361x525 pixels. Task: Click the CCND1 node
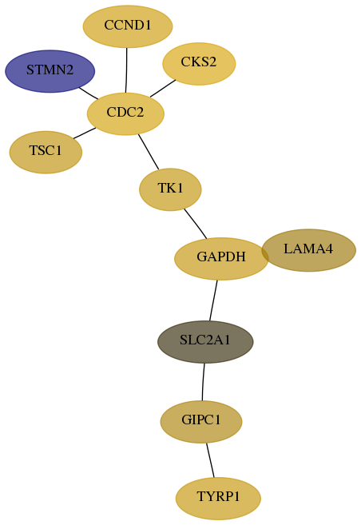[128, 26]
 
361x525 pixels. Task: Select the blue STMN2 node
[50, 71]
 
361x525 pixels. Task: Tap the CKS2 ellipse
[199, 64]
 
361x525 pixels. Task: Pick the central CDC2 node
[125, 113]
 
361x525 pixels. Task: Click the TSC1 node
[46, 153]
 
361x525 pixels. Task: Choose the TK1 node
[170, 189]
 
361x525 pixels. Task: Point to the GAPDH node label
[221, 257]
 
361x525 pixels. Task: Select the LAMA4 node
[308, 250]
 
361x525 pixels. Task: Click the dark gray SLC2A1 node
[205, 342]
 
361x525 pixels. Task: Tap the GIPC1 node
[201, 422]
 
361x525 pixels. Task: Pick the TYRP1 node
[218, 499]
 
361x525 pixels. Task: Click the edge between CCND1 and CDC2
[126, 70]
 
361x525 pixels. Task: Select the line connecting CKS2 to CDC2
[163, 89]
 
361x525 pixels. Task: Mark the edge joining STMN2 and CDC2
[89, 93]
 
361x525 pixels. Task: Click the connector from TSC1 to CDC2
[85, 133]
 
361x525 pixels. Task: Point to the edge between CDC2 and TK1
[149, 152]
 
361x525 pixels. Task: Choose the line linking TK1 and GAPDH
[196, 224]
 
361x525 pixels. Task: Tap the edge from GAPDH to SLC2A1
[213, 300]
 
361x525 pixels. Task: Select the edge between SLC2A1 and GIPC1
[203, 382]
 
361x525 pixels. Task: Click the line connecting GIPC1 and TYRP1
[210, 460]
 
